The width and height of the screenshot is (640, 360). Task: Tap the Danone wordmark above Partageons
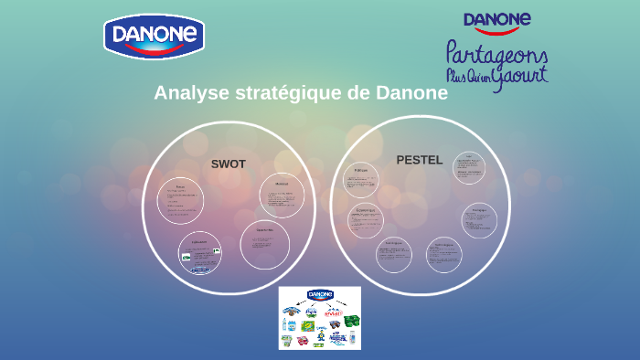[497, 20]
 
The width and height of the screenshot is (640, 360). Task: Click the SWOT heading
[229, 164]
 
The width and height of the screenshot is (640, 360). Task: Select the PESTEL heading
[419, 160]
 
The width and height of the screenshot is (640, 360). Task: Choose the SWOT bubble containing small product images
[200, 254]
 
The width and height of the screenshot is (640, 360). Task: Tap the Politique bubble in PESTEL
[361, 179]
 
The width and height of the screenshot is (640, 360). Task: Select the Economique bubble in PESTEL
[366, 219]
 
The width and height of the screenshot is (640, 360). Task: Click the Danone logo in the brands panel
[320, 295]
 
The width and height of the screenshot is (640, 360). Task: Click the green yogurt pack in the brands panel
[351, 321]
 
